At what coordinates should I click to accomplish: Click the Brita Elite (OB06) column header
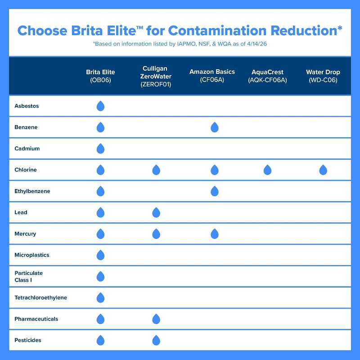pos(100,76)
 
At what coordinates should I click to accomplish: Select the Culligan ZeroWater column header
pos(156,76)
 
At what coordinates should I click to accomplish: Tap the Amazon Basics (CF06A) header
pos(212,76)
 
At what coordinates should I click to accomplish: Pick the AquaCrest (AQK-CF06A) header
pos(267,76)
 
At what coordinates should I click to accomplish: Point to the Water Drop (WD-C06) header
pos(323,76)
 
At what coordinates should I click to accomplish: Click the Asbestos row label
pos(27,106)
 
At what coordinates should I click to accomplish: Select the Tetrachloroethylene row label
pos(40,297)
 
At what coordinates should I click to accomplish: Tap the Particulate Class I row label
pos(28,276)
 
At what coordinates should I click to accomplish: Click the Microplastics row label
pos(31,255)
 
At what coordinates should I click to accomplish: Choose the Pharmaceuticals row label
pos(36,319)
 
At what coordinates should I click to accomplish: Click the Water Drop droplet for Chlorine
pos(323,170)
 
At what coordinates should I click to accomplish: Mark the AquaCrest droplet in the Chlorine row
pos(267,170)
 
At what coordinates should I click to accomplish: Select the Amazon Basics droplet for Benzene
pos(215,127)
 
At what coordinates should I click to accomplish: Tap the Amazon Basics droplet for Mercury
pos(215,234)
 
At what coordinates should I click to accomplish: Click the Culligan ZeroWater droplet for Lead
pos(156,212)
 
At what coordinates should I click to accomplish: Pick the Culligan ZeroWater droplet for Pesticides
pos(156,340)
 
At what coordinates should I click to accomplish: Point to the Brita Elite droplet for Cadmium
pos(100,148)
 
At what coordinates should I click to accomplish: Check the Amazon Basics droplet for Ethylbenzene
pos(215,191)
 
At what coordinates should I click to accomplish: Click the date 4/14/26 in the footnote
pos(257,44)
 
